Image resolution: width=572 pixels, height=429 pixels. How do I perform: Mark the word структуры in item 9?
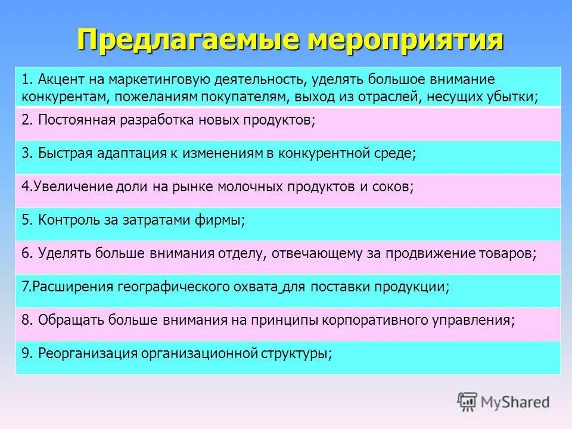(295, 353)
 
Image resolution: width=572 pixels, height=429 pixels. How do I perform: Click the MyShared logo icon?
(467, 402)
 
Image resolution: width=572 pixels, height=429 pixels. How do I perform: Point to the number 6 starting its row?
(26, 253)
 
